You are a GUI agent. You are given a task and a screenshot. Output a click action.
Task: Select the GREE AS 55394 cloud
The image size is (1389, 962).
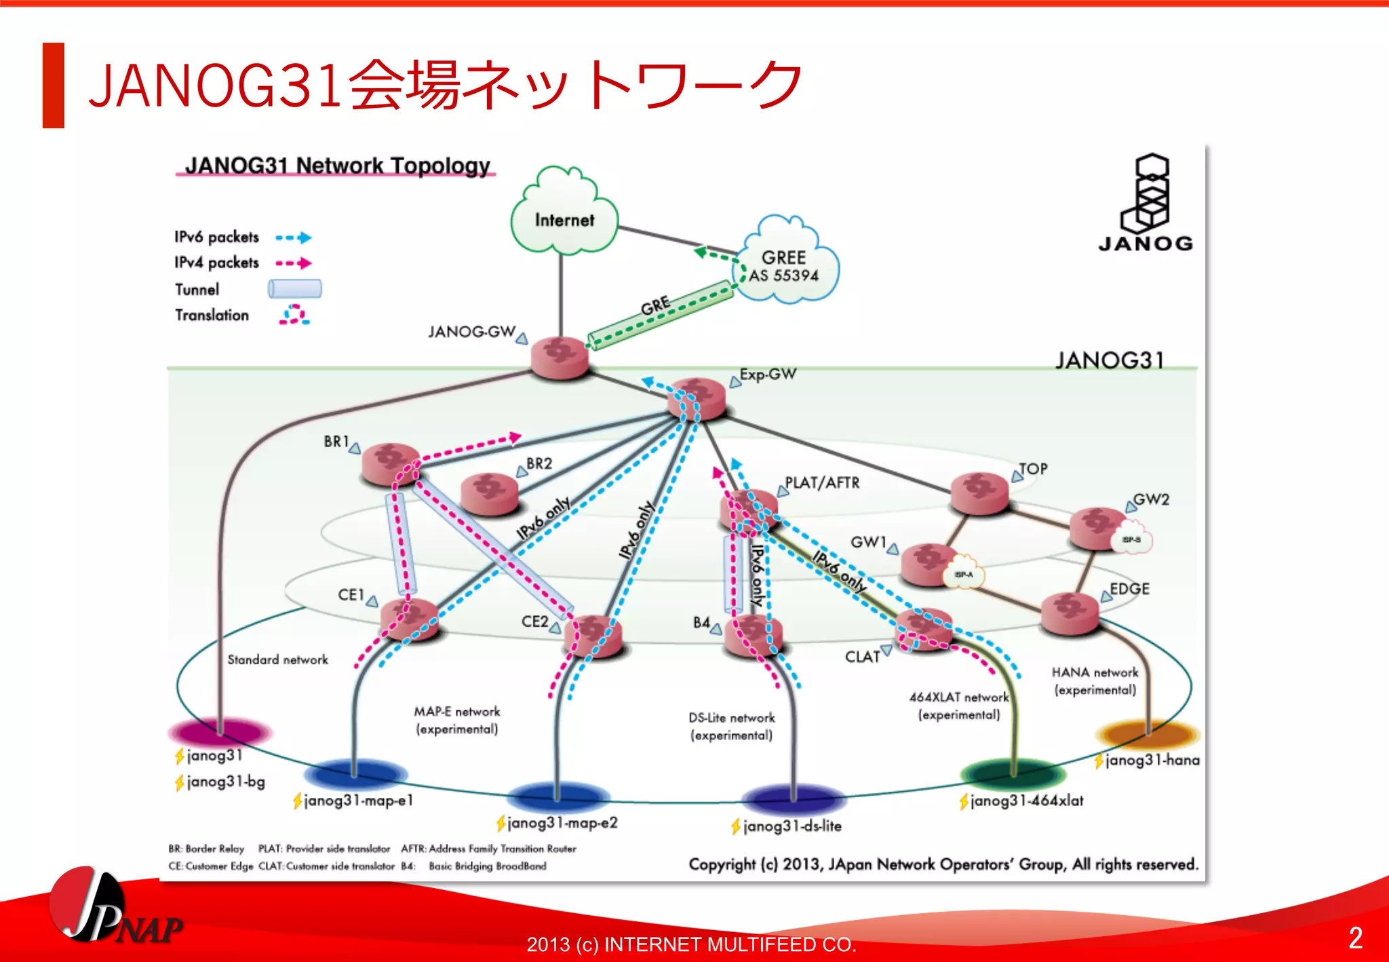coord(785,265)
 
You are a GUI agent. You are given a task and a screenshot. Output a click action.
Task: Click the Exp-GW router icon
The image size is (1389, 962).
coord(696,398)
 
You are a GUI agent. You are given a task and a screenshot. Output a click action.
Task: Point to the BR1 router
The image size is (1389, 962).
coord(391,463)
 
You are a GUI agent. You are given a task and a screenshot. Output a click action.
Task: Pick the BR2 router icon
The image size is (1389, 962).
coord(489,493)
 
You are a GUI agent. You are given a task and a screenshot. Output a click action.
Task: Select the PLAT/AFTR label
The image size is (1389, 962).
coord(821,482)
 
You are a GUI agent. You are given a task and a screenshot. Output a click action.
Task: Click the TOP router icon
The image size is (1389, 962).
coord(979,493)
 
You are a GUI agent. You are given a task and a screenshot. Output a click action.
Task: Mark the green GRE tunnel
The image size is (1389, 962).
coord(659,315)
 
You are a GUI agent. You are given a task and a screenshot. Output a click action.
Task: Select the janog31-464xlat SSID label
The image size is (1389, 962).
coord(1025,801)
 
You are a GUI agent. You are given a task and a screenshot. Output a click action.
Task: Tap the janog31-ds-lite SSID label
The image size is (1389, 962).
coord(791,826)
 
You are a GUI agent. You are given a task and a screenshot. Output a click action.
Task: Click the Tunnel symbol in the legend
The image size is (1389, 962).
coord(294,289)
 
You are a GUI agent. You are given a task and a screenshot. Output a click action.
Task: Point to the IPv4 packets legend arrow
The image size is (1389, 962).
coord(294,263)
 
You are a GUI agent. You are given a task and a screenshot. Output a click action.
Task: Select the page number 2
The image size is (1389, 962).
coord(1355,938)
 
